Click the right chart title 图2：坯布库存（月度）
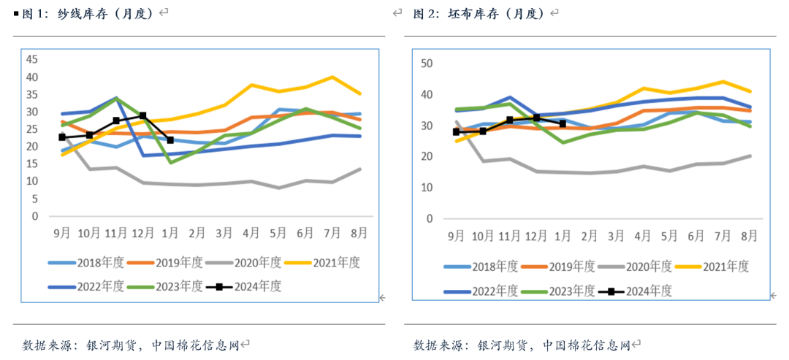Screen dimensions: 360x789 [481, 13]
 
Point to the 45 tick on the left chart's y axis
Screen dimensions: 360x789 [31, 60]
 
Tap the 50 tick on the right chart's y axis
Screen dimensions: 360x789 [427, 64]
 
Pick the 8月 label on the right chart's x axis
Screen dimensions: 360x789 [749, 236]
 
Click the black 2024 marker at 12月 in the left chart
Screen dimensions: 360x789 [143, 116]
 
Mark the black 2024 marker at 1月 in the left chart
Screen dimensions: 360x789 [170, 140]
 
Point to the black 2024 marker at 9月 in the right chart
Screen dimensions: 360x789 [457, 131]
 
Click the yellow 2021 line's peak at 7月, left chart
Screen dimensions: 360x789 [332, 77]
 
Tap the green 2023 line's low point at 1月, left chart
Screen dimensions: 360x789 [170, 162]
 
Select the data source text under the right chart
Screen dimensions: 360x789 [522, 344]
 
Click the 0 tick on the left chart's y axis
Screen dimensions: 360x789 [34, 216]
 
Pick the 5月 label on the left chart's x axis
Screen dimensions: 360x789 [278, 233]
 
